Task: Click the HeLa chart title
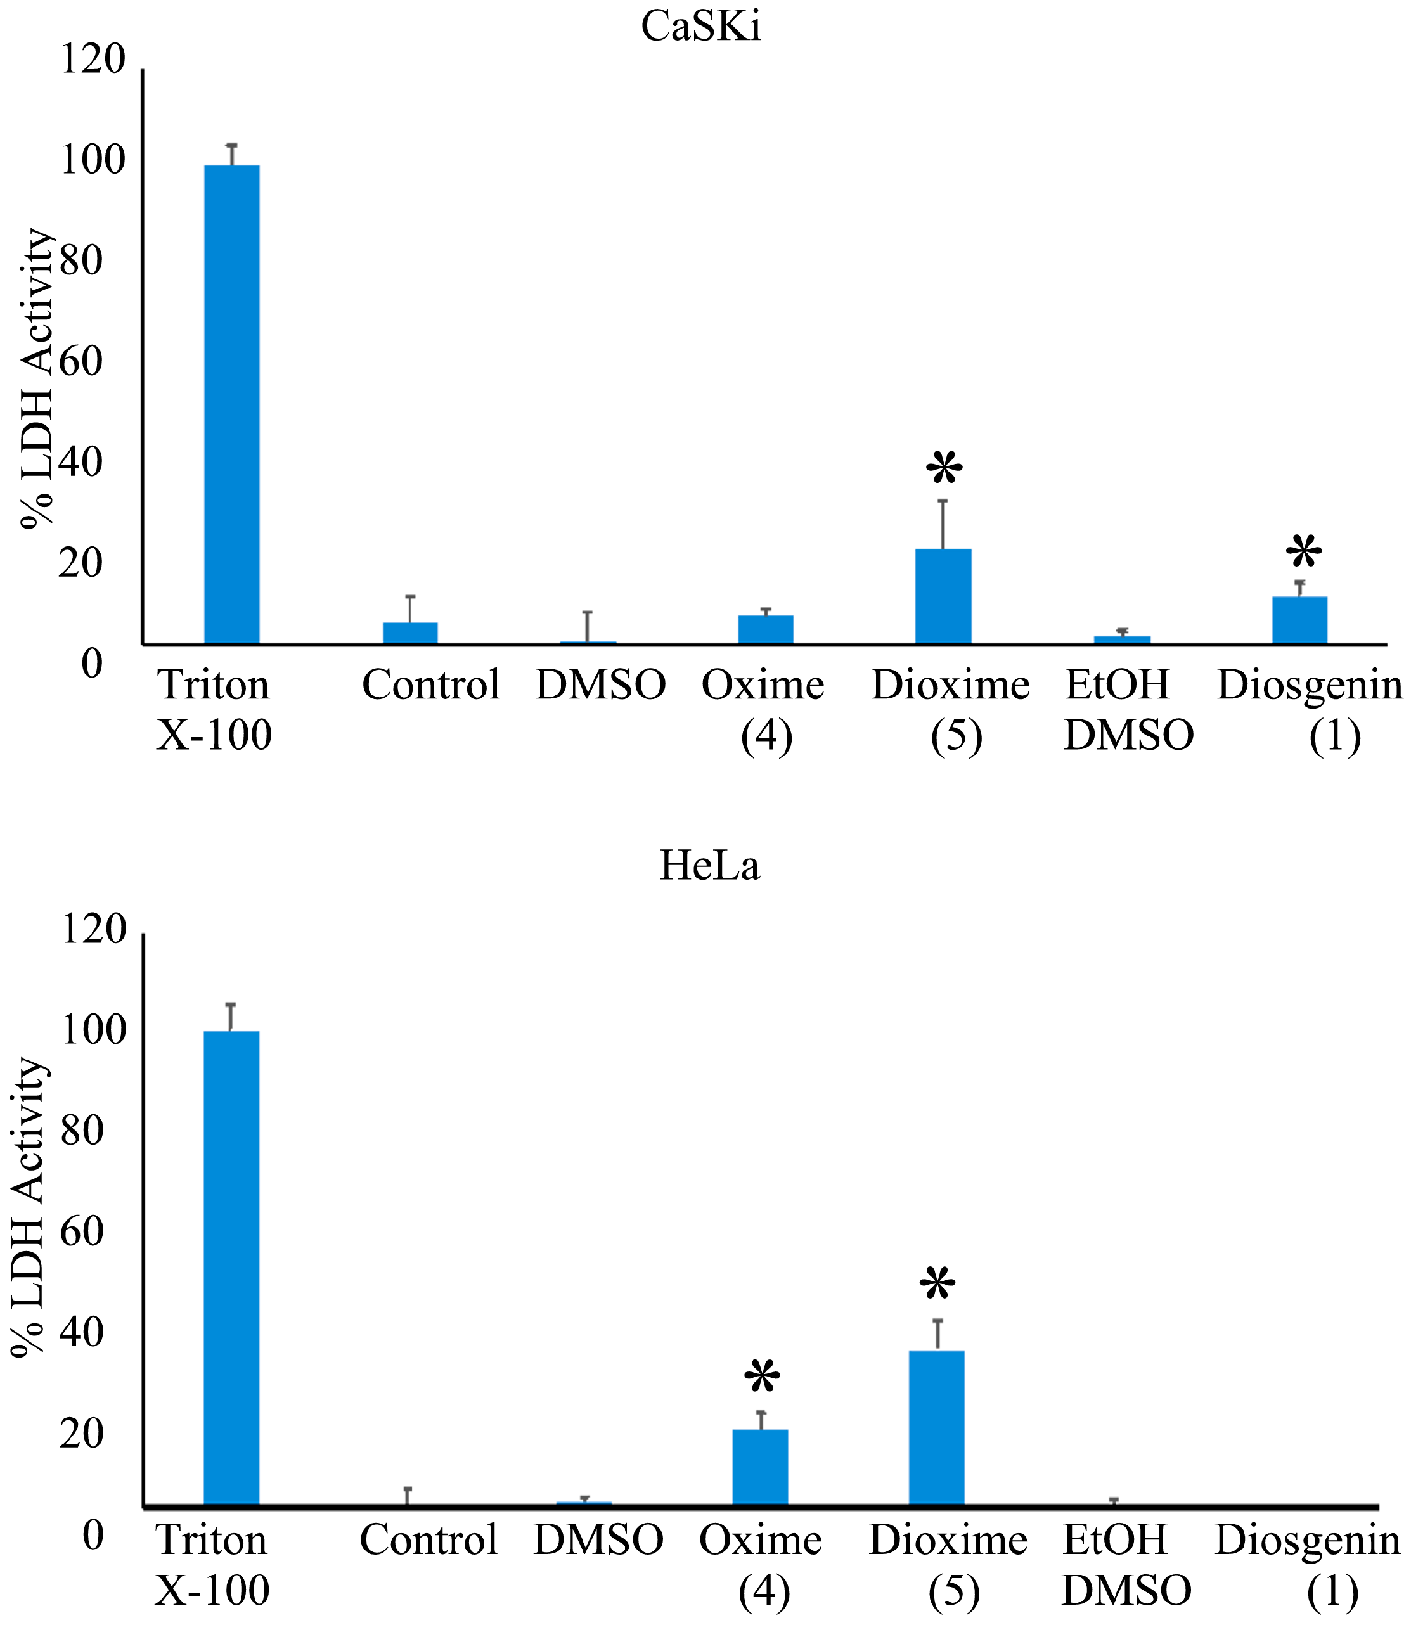(x=709, y=865)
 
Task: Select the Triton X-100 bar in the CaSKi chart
(x=231, y=405)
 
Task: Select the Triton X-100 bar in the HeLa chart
(x=231, y=1268)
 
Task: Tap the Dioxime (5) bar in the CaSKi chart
(x=943, y=597)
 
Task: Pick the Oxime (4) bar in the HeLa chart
(x=760, y=1467)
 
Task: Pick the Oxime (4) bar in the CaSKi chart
(x=765, y=630)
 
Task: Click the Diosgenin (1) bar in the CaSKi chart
(x=1299, y=620)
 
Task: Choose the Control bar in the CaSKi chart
(x=410, y=633)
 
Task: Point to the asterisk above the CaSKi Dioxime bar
(x=943, y=470)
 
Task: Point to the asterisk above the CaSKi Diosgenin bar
(x=1303, y=553)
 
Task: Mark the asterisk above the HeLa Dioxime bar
(x=937, y=1285)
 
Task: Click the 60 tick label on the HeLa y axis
(x=82, y=1231)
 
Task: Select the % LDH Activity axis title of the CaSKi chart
(x=37, y=378)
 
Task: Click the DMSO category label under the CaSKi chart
(x=601, y=685)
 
